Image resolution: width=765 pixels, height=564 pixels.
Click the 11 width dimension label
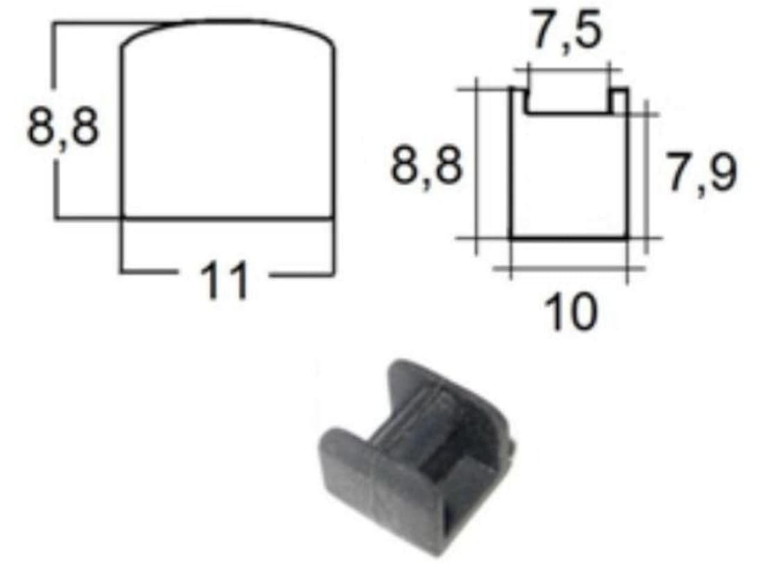coord(224,281)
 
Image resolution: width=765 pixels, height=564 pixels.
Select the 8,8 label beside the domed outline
coord(63,127)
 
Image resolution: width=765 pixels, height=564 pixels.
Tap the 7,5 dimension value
coord(567,32)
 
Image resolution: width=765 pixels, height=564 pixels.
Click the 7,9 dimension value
coord(701,172)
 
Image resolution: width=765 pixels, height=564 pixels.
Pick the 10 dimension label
coord(571,311)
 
